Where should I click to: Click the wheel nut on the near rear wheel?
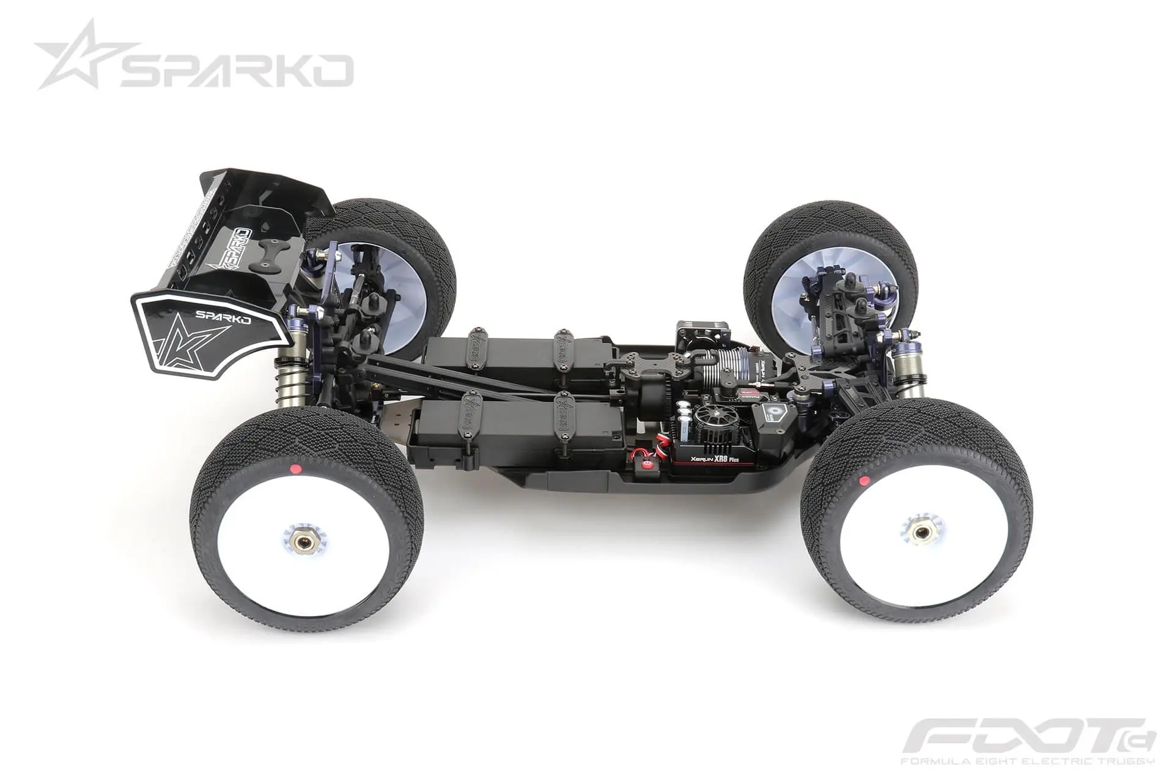click(301, 541)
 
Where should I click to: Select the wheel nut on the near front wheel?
click(923, 532)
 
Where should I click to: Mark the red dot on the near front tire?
click(864, 481)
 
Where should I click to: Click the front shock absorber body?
click(907, 367)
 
